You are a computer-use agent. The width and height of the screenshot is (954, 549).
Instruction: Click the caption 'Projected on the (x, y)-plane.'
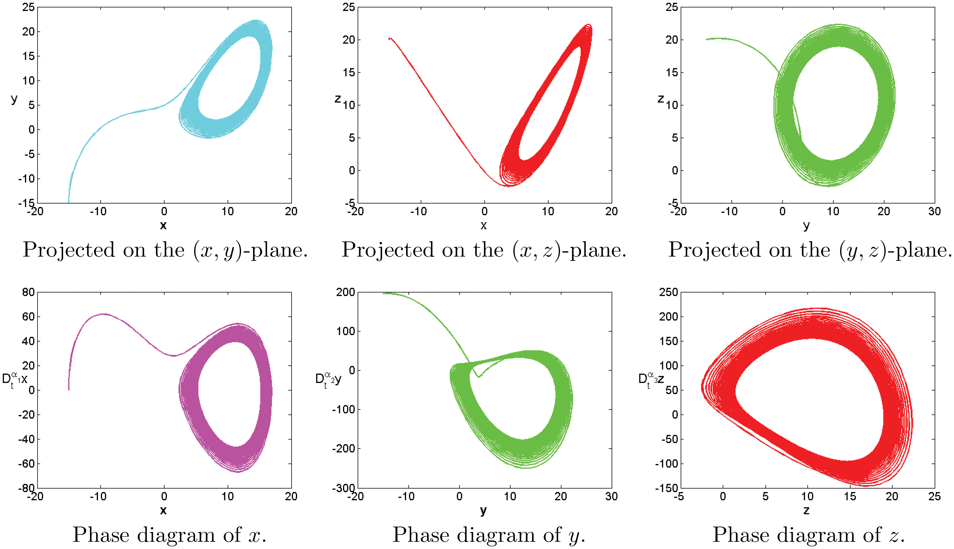tap(165, 250)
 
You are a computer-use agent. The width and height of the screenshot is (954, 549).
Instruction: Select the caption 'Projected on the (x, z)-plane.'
tap(484, 250)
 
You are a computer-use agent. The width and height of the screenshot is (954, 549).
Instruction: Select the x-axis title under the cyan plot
tap(163, 225)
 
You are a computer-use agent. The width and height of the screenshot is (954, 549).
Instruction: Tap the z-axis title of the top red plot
tap(338, 99)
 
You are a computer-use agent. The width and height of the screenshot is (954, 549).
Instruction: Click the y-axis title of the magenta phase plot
tap(15, 379)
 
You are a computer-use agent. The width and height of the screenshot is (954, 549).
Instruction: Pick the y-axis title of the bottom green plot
tap(328, 379)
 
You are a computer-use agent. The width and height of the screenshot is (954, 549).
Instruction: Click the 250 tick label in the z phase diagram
tap(668, 292)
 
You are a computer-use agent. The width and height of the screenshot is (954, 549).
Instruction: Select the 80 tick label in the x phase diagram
tap(28, 292)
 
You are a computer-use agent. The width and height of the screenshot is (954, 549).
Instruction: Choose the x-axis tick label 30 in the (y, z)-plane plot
tap(935, 212)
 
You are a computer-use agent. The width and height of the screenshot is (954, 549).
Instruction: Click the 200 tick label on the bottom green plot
tap(345, 292)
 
